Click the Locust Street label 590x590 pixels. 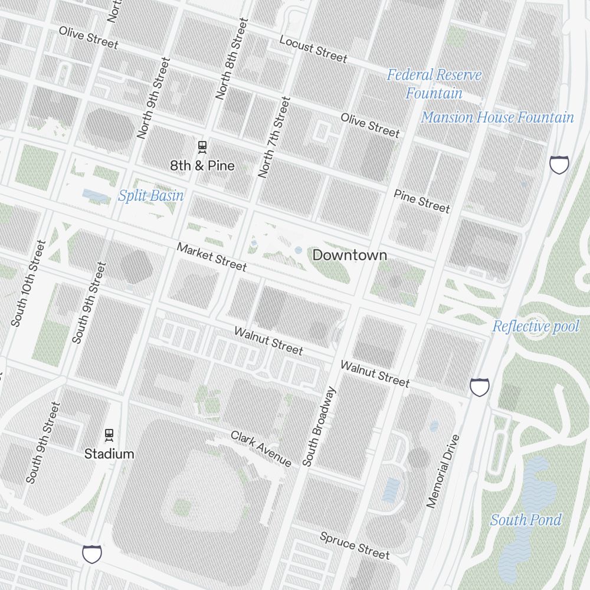tap(313, 49)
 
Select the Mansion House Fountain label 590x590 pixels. tap(497, 117)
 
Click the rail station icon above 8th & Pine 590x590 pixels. tap(202, 146)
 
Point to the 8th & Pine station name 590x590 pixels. tap(202, 166)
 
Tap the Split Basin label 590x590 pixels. tap(151, 196)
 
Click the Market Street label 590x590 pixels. tap(212, 257)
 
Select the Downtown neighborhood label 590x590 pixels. tap(350, 255)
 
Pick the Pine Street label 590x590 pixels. tap(422, 201)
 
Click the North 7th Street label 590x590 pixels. tap(274, 137)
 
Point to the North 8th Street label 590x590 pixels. tap(232, 58)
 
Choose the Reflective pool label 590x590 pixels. tap(536, 326)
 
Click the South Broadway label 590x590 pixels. tap(319, 426)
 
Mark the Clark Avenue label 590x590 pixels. tap(261, 448)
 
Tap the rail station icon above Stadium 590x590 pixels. tap(109, 435)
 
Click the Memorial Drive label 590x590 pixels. tap(443, 471)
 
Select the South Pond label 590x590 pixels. tap(526, 520)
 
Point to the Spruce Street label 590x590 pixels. tap(355, 545)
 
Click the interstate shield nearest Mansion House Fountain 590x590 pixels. tap(559, 165)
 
